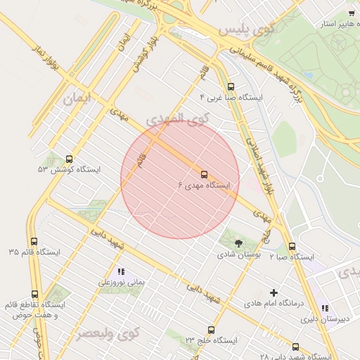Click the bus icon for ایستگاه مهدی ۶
pos(205,174)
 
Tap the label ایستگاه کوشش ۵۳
pos(69,170)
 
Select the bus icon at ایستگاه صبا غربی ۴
pos(231,86)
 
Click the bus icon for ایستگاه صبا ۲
pos(292,246)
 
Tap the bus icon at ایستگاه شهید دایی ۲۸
pos(295,347)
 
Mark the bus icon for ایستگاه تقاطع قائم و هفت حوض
pos(35,294)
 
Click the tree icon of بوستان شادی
pos(238,243)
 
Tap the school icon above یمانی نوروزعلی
pos(121,271)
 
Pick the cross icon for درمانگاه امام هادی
pos(274,292)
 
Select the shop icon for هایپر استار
pos(352,13)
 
